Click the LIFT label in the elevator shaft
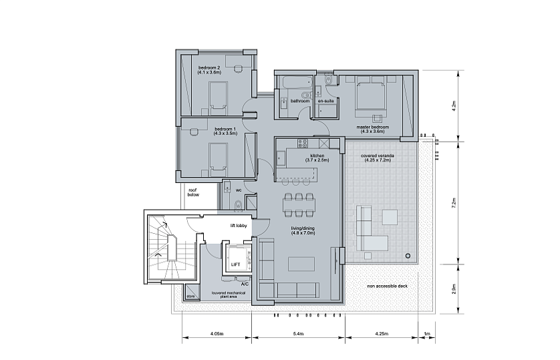(236, 264)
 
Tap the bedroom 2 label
(209, 67)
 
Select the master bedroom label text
(372, 127)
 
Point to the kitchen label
(317, 156)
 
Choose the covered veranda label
(378, 156)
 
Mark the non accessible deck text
(387, 286)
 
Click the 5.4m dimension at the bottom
(298, 334)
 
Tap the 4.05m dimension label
(217, 334)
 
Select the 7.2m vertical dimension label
(454, 202)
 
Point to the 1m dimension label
(427, 334)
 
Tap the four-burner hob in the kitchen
(303, 144)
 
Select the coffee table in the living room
(302, 264)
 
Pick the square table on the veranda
(390, 217)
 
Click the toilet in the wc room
(238, 205)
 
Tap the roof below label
(193, 192)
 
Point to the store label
(190, 296)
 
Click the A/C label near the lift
(245, 284)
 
